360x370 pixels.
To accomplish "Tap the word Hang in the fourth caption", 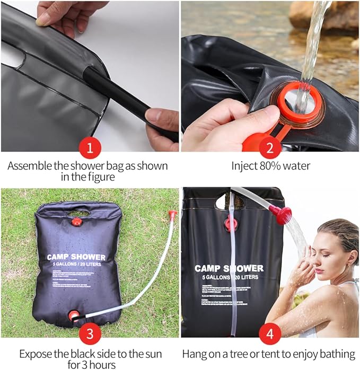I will coord(194,354).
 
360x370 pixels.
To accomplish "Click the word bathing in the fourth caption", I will coord(335,354).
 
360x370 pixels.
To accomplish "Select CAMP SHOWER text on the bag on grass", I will coord(76,257).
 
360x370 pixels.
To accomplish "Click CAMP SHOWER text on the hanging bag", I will coord(229,269).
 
